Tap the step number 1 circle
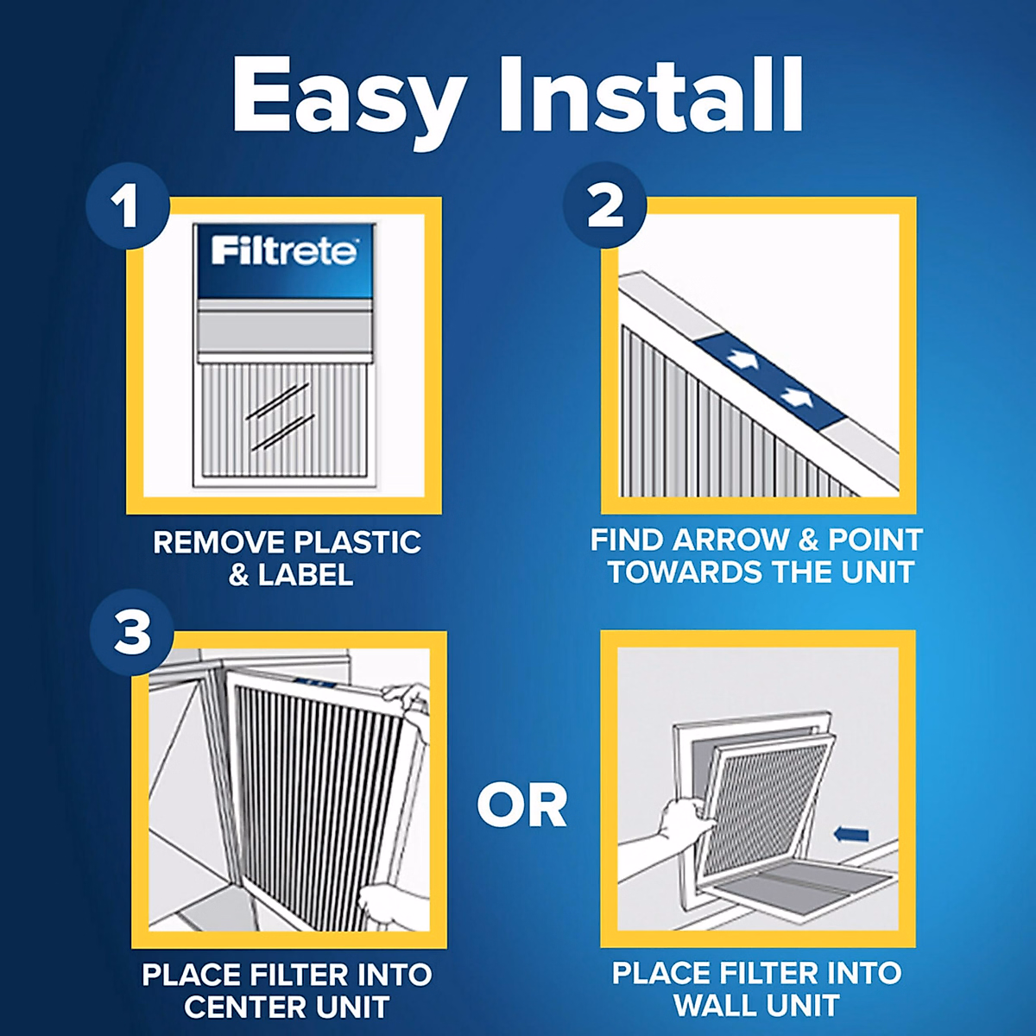pyautogui.click(x=127, y=207)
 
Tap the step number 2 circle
pyautogui.click(x=604, y=207)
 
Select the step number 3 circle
pyautogui.click(x=132, y=633)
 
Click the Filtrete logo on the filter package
pyautogui.click(x=284, y=251)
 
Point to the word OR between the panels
pyautogui.click(x=521, y=806)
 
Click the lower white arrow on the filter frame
pyautogui.click(x=797, y=397)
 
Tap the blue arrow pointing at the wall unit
pyautogui.click(x=851, y=834)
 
